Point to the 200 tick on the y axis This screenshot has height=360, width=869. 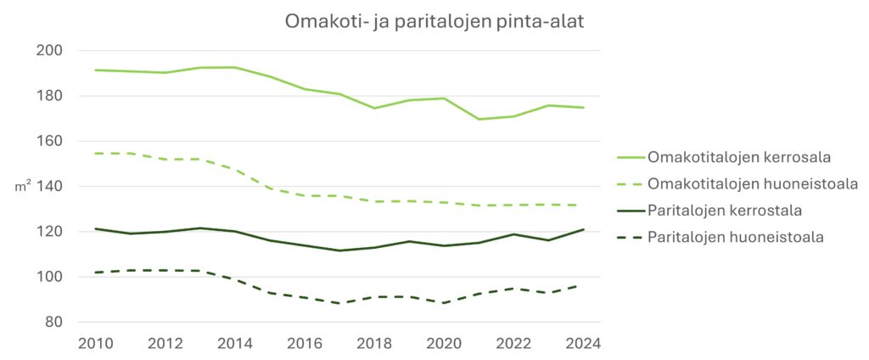(51, 51)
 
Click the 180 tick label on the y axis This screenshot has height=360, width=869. (51, 96)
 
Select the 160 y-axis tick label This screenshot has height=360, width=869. (51, 141)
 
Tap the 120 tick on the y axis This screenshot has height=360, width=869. (51, 232)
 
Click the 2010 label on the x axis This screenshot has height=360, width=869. (95, 343)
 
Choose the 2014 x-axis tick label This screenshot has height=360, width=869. (235, 343)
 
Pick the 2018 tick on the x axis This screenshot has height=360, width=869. (374, 343)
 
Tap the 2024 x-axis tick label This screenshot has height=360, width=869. (583, 343)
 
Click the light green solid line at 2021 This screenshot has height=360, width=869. (479, 119)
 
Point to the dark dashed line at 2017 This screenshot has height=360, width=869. (339, 303)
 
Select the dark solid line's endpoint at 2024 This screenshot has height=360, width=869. (583, 229)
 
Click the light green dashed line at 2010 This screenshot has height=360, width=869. (96, 154)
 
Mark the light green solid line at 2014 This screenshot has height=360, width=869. (235, 67)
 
